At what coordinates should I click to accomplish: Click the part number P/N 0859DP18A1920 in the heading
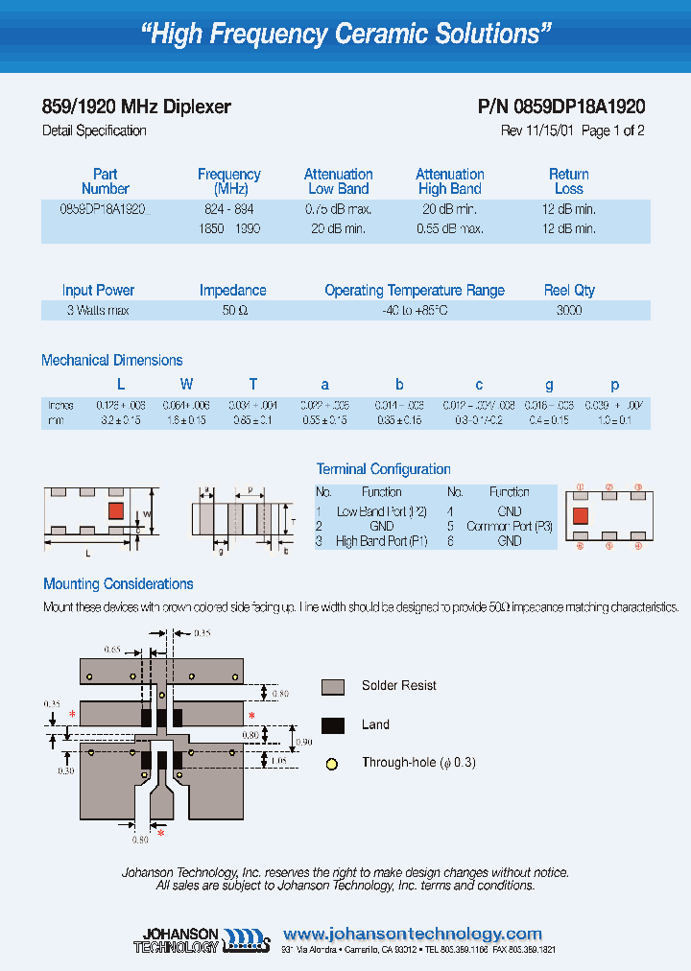click(560, 107)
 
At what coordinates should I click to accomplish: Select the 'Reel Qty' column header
click(569, 291)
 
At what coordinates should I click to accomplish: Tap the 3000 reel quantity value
click(569, 311)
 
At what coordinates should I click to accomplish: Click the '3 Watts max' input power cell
click(98, 311)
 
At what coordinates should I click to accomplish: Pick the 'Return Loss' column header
click(569, 181)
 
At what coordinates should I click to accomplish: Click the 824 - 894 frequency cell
click(228, 209)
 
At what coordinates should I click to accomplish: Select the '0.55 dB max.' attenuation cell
click(450, 229)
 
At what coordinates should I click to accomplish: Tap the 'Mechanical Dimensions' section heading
click(112, 361)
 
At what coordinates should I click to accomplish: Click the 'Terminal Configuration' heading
click(383, 469)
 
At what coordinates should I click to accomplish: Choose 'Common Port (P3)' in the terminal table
click(510, 526)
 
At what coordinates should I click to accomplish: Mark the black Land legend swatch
click(333, 725)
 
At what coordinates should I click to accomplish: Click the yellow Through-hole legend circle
click(333, 764)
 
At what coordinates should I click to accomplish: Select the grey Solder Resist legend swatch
click(333, 686)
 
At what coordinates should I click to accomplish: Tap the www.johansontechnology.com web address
click(413, 934)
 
